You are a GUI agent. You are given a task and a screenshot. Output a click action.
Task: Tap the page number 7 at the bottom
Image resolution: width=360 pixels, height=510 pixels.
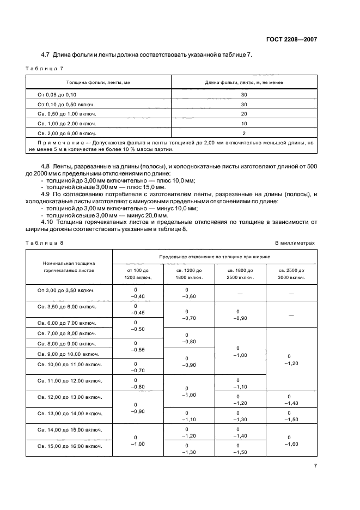315,466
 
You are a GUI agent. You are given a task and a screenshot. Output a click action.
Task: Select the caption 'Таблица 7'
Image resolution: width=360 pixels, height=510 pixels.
45,68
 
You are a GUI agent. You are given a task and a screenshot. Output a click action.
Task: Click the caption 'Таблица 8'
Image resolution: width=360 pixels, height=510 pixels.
45,242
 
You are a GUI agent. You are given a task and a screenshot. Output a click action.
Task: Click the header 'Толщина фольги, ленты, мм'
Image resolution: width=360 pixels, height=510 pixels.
99,82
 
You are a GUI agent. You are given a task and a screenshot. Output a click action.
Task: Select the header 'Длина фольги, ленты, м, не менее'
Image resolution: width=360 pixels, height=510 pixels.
243,82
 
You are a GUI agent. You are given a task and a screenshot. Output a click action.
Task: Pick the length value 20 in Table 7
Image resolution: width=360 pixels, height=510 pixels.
243,114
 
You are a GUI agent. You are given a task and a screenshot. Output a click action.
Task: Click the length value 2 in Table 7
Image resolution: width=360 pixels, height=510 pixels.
243,133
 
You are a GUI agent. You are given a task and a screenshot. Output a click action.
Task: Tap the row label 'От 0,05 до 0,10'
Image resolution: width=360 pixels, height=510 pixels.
58,94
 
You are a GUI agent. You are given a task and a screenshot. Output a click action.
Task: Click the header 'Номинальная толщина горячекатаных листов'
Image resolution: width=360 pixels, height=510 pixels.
69,266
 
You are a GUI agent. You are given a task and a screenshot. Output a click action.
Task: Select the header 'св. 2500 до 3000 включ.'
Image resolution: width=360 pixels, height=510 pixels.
291,274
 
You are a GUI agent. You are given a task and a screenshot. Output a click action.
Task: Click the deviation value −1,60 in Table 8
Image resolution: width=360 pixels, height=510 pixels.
291,445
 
